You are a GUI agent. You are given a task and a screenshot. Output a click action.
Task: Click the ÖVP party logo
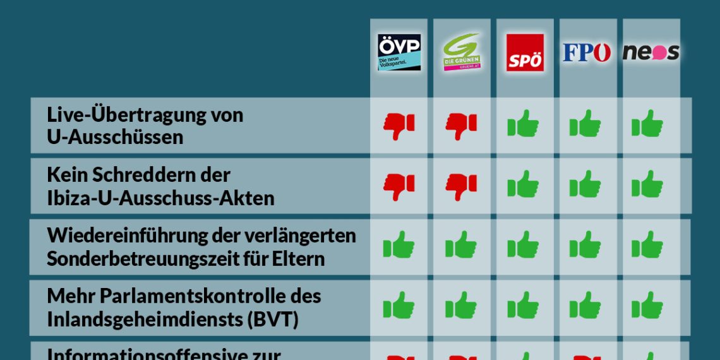point(399,52)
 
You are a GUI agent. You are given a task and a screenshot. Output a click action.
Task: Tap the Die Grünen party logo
point(462,52)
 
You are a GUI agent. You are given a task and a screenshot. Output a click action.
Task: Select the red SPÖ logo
point(525,52)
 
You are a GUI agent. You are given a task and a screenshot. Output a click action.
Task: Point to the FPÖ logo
point(587,52)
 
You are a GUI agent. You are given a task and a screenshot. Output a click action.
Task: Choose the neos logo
point(651,52)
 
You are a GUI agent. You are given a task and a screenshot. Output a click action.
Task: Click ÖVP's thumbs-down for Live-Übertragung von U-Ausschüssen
point(399,125)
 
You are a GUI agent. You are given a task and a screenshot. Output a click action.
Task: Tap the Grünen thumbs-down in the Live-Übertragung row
point(462,125)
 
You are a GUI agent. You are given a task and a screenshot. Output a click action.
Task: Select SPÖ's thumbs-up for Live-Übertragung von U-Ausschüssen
point(524,124)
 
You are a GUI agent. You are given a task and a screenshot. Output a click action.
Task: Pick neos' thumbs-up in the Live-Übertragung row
point(648,124)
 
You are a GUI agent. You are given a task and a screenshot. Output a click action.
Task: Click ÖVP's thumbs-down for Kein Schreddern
point(399,186)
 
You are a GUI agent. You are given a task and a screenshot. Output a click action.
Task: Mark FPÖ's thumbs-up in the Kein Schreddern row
point(585,185)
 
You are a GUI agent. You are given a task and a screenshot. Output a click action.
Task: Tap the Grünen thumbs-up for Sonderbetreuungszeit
point(462,245)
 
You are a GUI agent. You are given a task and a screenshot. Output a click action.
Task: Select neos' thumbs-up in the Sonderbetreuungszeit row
point(648,245)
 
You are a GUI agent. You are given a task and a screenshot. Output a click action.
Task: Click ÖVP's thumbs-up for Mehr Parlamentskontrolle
point(399,306)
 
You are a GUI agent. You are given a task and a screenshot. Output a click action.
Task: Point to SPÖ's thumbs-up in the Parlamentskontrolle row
point(524,306)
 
